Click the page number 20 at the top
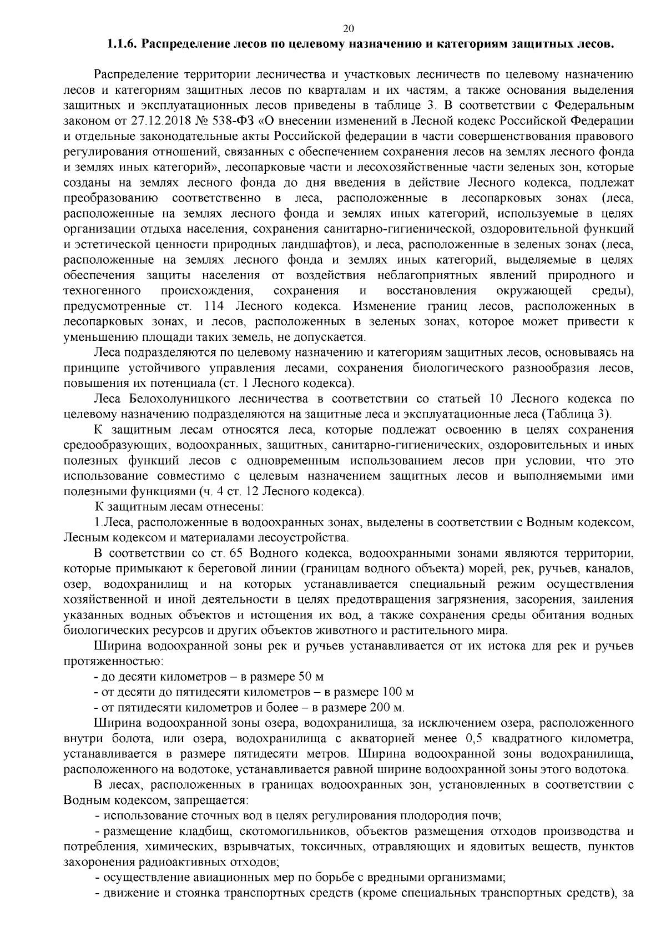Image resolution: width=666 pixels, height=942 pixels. click(349, 29)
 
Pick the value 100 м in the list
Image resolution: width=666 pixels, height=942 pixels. click(398, 692)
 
